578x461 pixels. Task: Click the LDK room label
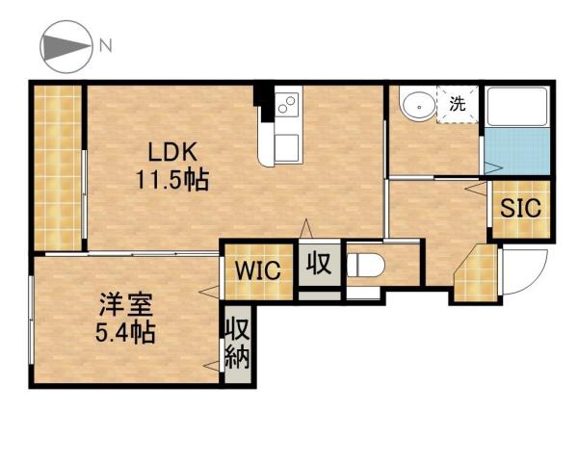click(x=172, y=152)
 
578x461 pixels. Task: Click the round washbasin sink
click(x=416, y=105)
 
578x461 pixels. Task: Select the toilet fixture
click(x=366, y=265)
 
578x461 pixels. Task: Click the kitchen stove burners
click(x=287, y=107)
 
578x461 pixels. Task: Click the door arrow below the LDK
click(x=306, y=228)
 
